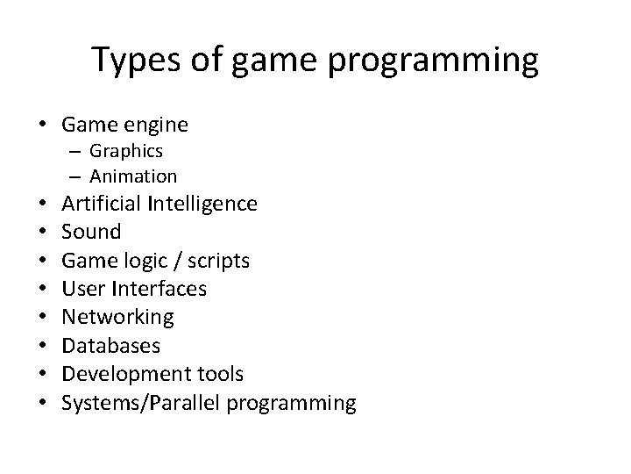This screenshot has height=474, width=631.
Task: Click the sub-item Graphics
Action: point(126,152)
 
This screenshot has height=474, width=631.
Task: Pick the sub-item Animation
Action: point(133,176)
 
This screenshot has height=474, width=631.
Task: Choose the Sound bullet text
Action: point(91,232)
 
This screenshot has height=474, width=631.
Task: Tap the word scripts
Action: point(218,261)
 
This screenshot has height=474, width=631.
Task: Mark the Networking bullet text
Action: point(118,316)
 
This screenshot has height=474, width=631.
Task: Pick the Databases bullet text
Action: point(110,345)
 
